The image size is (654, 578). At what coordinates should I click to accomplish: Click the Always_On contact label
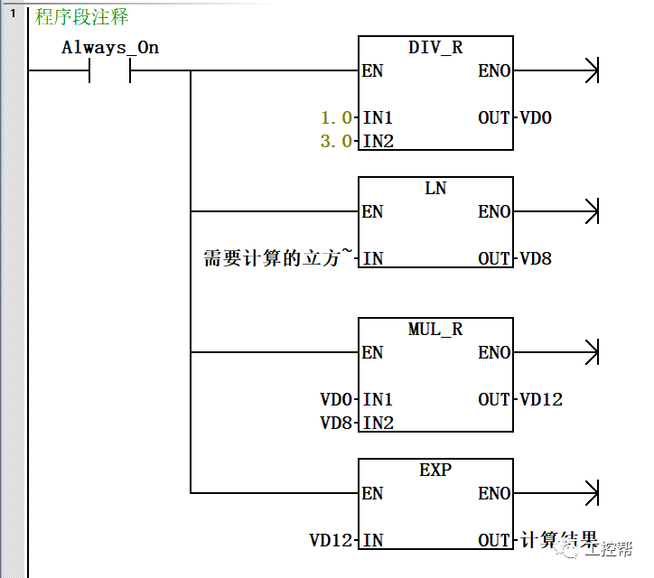[x=110, y=48]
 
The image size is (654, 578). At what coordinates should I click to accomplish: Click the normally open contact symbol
[x=110, y=70]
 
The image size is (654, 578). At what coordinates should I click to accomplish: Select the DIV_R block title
[x=435, y=48]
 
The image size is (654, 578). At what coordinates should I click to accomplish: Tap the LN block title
[x=435, y=189]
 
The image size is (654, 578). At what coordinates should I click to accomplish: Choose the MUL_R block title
[x=435, y=330]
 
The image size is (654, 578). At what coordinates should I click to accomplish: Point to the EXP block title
[x=435, y=471]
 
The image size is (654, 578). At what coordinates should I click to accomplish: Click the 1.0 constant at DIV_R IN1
[x=337, y=117]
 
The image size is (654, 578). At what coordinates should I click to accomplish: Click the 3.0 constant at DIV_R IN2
[x=337, y=141]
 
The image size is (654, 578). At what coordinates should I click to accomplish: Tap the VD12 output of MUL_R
[x=541, y=399]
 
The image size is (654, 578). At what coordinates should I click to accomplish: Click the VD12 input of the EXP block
[x=332, y=540]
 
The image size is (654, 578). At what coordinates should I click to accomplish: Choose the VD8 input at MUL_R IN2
[x=337, y=423]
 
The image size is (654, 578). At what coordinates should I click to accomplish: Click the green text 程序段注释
[x=81, y=16]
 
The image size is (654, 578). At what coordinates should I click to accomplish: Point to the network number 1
[x=13, y=14]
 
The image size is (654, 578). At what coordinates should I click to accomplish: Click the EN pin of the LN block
[x=372, y=211]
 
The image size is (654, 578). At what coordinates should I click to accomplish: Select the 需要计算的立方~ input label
[x=276, y=258]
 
